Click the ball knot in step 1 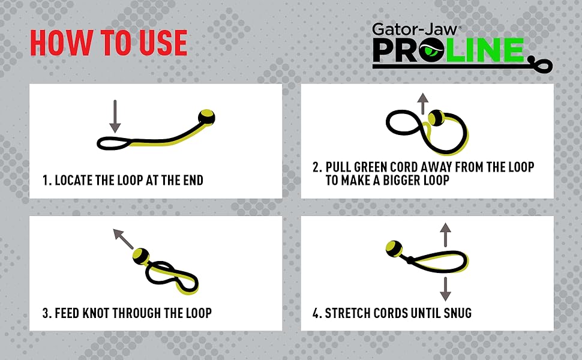coord(206,116)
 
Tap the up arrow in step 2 coord(424,103)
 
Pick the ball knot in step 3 coord(141,256)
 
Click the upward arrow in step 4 coord(445,233)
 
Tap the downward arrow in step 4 coord(445,289)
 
